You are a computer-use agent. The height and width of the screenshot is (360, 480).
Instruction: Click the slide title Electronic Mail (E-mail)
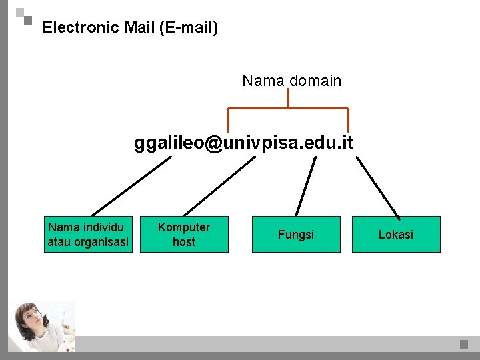[130, 28]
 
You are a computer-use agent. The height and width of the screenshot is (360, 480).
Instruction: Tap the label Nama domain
[291, 81]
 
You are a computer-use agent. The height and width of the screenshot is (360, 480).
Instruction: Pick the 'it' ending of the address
[347, 143]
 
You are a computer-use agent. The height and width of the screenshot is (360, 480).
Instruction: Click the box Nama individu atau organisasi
[88, 235]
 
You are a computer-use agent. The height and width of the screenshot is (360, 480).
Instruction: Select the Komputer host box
[183, 235]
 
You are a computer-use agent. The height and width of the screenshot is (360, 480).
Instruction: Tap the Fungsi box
[296, 235]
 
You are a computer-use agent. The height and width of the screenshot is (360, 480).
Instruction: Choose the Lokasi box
[396, 235]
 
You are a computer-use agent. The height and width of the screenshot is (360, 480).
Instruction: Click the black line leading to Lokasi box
[378, 187]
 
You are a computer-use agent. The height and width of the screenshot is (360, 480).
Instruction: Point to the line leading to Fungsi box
[306, 187]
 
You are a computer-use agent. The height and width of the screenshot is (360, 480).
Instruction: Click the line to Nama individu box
[131, 186]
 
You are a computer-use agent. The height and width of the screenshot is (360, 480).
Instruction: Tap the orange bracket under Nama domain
[288, 108]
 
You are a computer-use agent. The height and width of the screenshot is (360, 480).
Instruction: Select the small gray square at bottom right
[464, 344]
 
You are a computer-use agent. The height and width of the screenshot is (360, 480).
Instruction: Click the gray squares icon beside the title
[24, 16]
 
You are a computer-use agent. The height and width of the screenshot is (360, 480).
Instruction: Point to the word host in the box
[183, 242]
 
